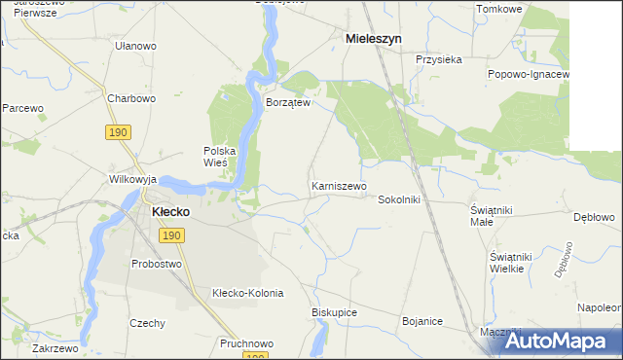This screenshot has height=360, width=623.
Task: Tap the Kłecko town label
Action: click(169, 210)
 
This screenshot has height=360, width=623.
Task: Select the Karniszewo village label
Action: click(339, 186)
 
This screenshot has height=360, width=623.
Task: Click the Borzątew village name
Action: click(287, 101)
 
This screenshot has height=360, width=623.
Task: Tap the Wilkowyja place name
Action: click(132, 180)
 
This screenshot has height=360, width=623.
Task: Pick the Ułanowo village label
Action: click(135, 46)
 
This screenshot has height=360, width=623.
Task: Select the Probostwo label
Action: click(157, 264)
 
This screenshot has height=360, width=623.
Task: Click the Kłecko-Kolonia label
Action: click(247, 293)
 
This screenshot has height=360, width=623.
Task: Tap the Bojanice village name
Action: click(421, 320)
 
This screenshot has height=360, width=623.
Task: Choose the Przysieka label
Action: click(438, 59)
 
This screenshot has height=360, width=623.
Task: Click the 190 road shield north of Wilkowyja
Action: click(118, 132)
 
